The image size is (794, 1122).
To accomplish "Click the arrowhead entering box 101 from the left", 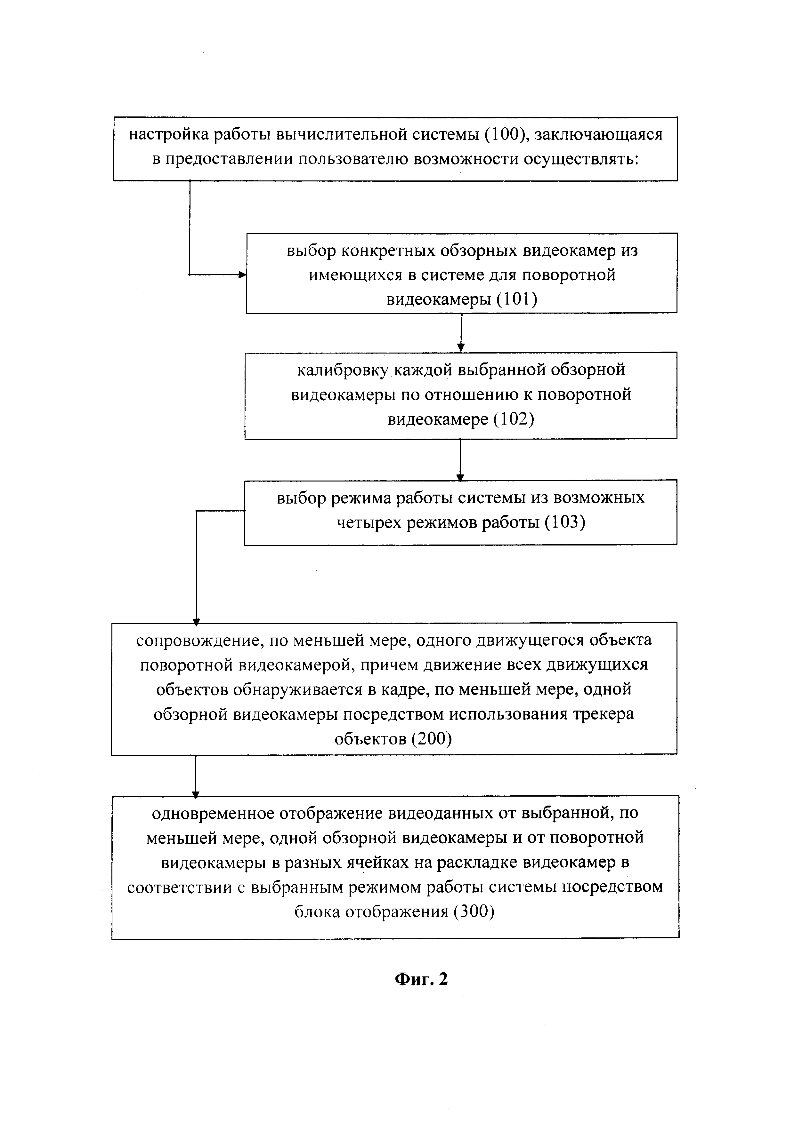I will tap(242, 275).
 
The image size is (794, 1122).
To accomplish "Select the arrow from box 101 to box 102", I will tap(461, 332).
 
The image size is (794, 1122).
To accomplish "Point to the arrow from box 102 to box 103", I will tap(460, 459).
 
